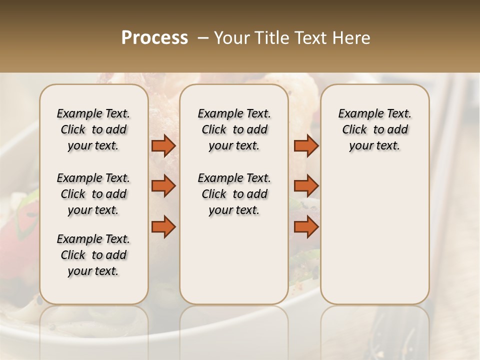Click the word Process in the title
(x=154, y=38)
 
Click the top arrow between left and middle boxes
(x=163, y=145)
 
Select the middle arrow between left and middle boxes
(x=163, y=186)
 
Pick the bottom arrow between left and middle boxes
(x=163, y=226)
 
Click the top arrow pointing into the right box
(x=306, y=145)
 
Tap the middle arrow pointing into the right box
(x=306, y=186)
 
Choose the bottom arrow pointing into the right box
(x=306, y=226)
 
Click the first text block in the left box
(x=93, y=129)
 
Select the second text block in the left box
(x=93, y=194)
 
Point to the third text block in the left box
(x=93, y=255)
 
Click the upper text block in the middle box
(x=234, y=129)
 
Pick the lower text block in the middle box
(x=234, y=194)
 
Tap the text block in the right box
(x=374, y=129)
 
